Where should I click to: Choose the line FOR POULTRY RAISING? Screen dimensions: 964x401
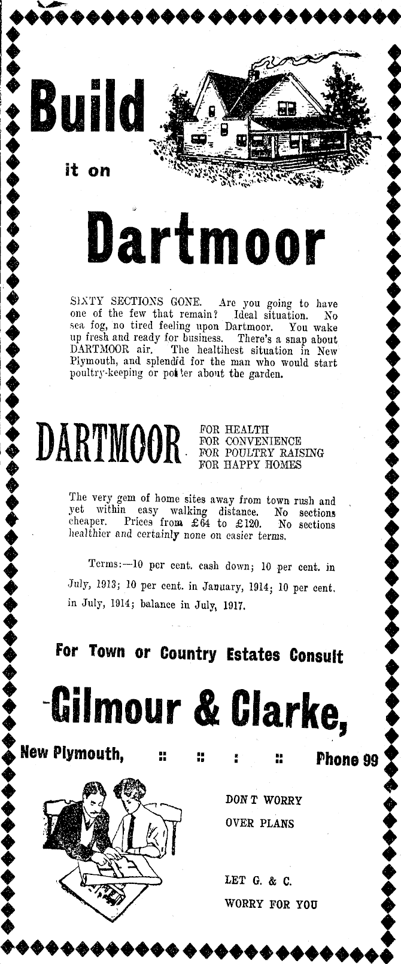261,453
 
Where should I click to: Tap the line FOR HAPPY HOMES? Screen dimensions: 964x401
250,465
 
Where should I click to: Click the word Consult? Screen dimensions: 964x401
317,655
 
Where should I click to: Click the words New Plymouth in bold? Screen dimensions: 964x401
72,753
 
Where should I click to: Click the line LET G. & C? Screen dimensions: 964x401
258,880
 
